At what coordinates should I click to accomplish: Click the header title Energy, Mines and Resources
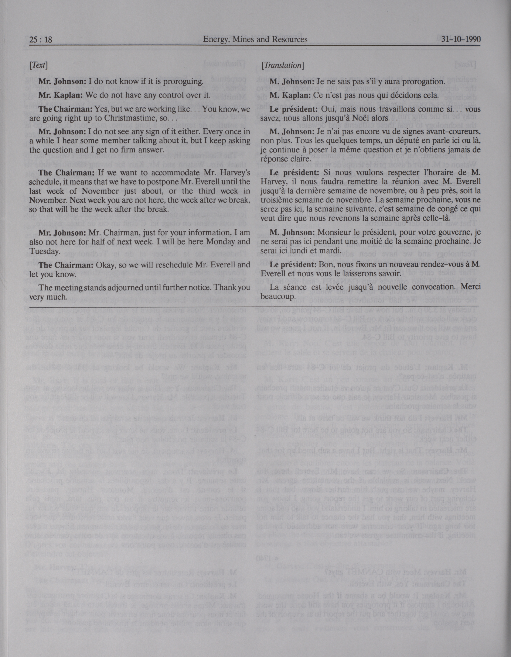[x=255, y=39]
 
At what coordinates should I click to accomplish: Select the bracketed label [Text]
[x=38, y=65]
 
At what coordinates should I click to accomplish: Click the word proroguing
[x=182, y=82]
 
